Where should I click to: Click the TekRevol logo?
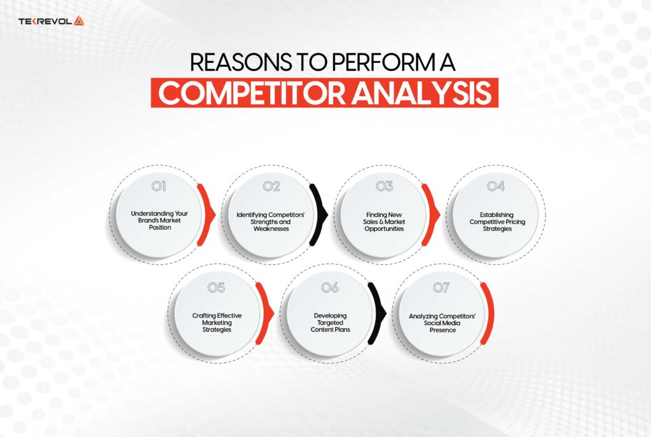tap(51, 22)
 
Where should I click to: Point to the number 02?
tap(271, 186)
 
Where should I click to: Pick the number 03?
tap(384, 186)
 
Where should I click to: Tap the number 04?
tap(496, 186)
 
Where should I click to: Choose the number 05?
tap(216, 288)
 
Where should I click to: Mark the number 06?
tap(329, 288)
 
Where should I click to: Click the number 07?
tap(441, 288)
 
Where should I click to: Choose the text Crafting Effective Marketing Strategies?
tap(217, 321)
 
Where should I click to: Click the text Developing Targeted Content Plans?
tap(329, 321)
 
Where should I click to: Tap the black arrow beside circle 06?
tap(378, 315)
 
